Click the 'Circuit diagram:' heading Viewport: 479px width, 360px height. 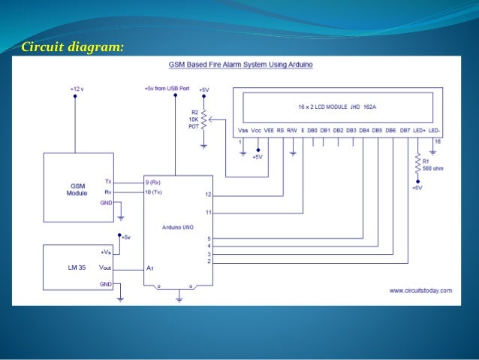[x=72, y=47]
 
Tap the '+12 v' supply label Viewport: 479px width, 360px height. [x=77, y=89]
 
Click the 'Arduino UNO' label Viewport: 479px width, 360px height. [x=178, y=225]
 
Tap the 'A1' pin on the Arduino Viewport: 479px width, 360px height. [x=151, y=268]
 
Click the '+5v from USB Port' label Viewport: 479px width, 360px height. [x=167, y=89]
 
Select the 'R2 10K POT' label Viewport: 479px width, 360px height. [x=194, y=119]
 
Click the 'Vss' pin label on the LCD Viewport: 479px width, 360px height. [x=243, y=129]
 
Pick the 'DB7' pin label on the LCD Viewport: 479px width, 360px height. [x=405, y=129]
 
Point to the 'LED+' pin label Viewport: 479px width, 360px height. [x=419, y=129]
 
